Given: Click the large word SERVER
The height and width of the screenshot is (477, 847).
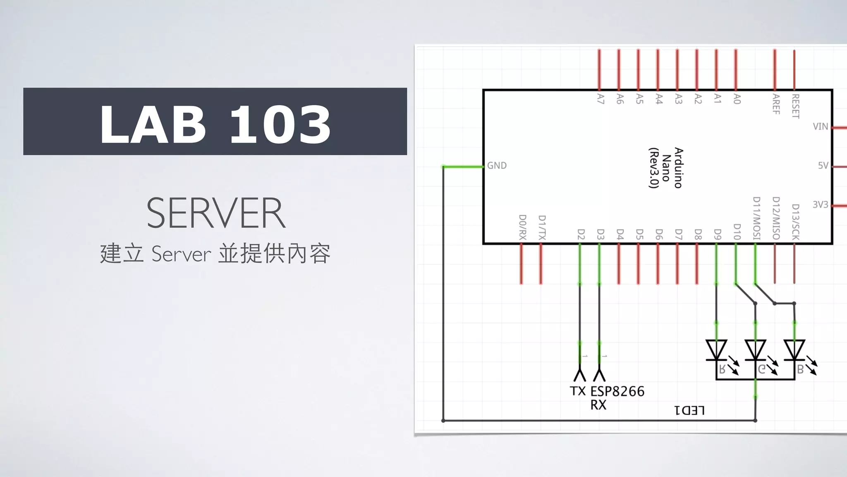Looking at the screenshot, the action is [216, 213].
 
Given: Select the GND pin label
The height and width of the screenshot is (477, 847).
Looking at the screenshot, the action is [497, 166].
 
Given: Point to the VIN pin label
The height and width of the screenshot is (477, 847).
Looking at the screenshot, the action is [820, 126].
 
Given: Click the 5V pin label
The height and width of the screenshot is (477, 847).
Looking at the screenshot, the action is [823, 166].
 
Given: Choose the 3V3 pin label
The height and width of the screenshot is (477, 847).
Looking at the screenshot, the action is [821, 205].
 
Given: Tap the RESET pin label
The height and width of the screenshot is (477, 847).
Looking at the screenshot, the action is [795, 106].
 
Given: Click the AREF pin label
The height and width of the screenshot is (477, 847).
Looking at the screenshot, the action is [776, 104].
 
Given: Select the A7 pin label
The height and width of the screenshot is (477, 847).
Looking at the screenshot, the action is [601, 99].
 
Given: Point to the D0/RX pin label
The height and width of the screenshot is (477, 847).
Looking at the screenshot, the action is [522, 227].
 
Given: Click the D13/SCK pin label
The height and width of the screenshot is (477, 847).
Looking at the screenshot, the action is [795, 222].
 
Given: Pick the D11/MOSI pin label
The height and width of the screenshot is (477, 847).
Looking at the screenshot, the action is [756, 218].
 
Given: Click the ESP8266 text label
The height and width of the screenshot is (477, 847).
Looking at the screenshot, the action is [617, 391].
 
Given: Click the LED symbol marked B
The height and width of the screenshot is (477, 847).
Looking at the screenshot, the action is [794, 351].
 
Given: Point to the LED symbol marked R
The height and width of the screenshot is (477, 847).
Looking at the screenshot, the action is [716, 351].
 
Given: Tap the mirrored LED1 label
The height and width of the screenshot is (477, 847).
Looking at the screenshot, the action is [689, 410].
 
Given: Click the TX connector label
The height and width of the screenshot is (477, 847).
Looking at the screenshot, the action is [578, 391].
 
